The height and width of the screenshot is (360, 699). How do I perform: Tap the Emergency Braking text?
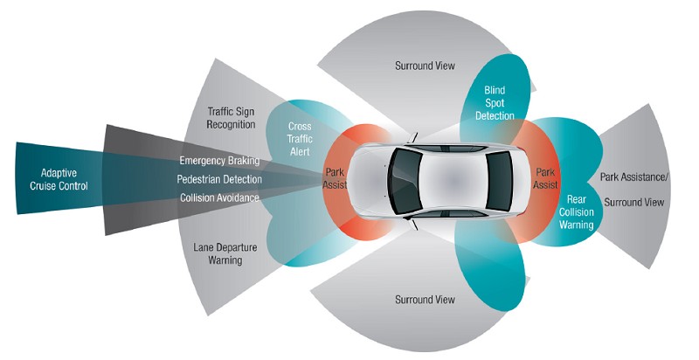tap(219, 161)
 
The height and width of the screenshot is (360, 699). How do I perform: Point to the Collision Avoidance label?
tap(219, 197)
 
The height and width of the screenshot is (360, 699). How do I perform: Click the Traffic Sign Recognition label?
tap(232, 117)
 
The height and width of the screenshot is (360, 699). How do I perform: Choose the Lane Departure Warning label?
tap(218, 253)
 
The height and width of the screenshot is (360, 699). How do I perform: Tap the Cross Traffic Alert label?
tap(300, 139)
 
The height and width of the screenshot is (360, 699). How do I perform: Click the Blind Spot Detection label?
tap(495, 102)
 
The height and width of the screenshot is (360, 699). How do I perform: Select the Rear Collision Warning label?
tap(575, 211)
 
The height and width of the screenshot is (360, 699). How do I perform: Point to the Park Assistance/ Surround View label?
tap(633, 190)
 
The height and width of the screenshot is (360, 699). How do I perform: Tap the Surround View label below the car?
tap(425, 300)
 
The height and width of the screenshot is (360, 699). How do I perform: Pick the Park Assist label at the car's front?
tap(336, 178)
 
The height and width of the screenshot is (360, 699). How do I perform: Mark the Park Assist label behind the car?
tap(546, 178)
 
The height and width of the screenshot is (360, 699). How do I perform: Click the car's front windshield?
tap(405, 180)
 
